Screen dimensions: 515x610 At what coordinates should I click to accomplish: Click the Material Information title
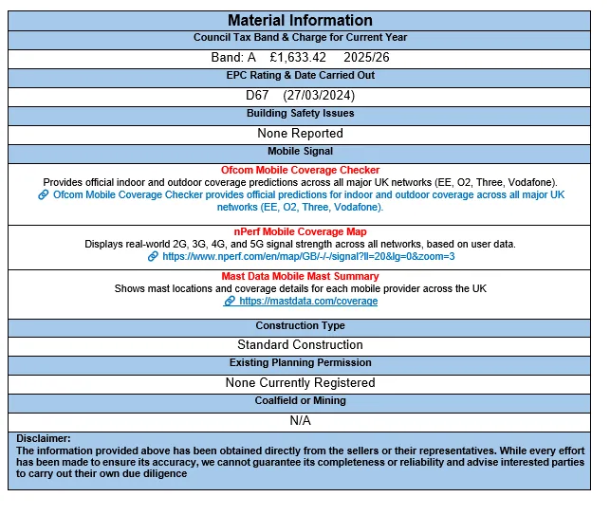tap(300, 20)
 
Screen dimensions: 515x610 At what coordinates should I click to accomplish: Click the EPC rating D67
tap(257, 96)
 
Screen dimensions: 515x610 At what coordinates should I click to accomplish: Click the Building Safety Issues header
tap(300, 114)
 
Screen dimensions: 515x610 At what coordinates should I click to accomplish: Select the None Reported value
tap(300, 134)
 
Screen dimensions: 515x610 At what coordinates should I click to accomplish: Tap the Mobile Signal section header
tap(300, 152)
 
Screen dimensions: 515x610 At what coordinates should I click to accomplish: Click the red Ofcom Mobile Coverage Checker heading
tap(300, 170)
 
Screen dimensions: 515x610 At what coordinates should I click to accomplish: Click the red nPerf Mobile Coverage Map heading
tap(300, 231)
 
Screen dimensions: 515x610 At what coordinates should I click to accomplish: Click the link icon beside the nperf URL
tap(153, 256)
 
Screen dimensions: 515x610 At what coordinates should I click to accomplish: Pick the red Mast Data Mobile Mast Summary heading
tap(300, 276)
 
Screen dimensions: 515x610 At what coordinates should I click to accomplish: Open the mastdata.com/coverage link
tap(308, 301)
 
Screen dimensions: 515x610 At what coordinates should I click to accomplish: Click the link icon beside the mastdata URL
tap(229, 301)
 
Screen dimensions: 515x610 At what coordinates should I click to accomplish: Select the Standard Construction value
tap(300, 344)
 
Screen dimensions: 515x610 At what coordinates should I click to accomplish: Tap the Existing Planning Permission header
tap(300, 363)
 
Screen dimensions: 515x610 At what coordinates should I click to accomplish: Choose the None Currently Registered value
tap(300, 383)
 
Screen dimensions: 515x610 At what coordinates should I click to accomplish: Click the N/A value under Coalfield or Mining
tap(300, 420)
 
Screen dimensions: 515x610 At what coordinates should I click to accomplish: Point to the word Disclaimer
tap(44, 438)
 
